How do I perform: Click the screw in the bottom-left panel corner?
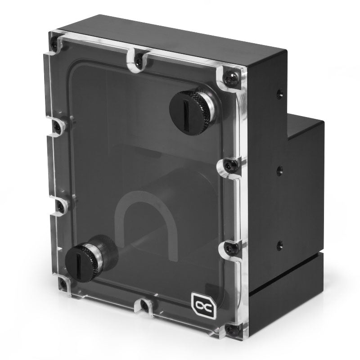tap(62, 283)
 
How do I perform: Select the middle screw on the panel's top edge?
tap(139, 58)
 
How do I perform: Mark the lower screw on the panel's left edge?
tap(60, 206)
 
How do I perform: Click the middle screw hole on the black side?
tap(279, 170)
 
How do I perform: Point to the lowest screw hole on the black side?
tap(279, 245)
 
